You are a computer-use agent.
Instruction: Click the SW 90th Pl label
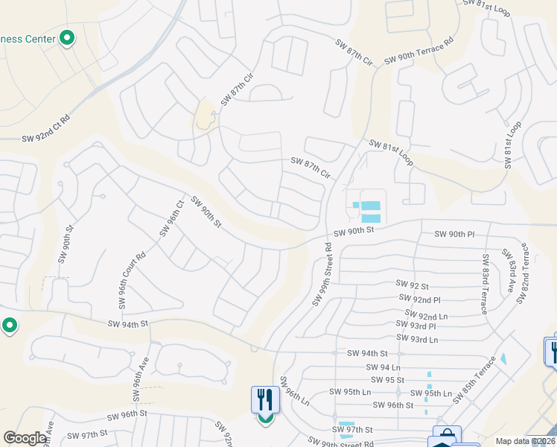pos(454,234)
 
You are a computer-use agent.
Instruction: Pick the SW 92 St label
pos(412,285)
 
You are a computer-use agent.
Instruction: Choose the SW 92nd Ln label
pos(427,315)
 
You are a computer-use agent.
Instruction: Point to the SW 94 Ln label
pos(384,367)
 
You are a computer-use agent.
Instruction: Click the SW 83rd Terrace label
pos(486,284)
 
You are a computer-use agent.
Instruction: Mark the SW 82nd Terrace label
pos(523,273)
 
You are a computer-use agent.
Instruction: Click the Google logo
pos(25,438)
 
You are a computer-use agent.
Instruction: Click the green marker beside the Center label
pos(67,38)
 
